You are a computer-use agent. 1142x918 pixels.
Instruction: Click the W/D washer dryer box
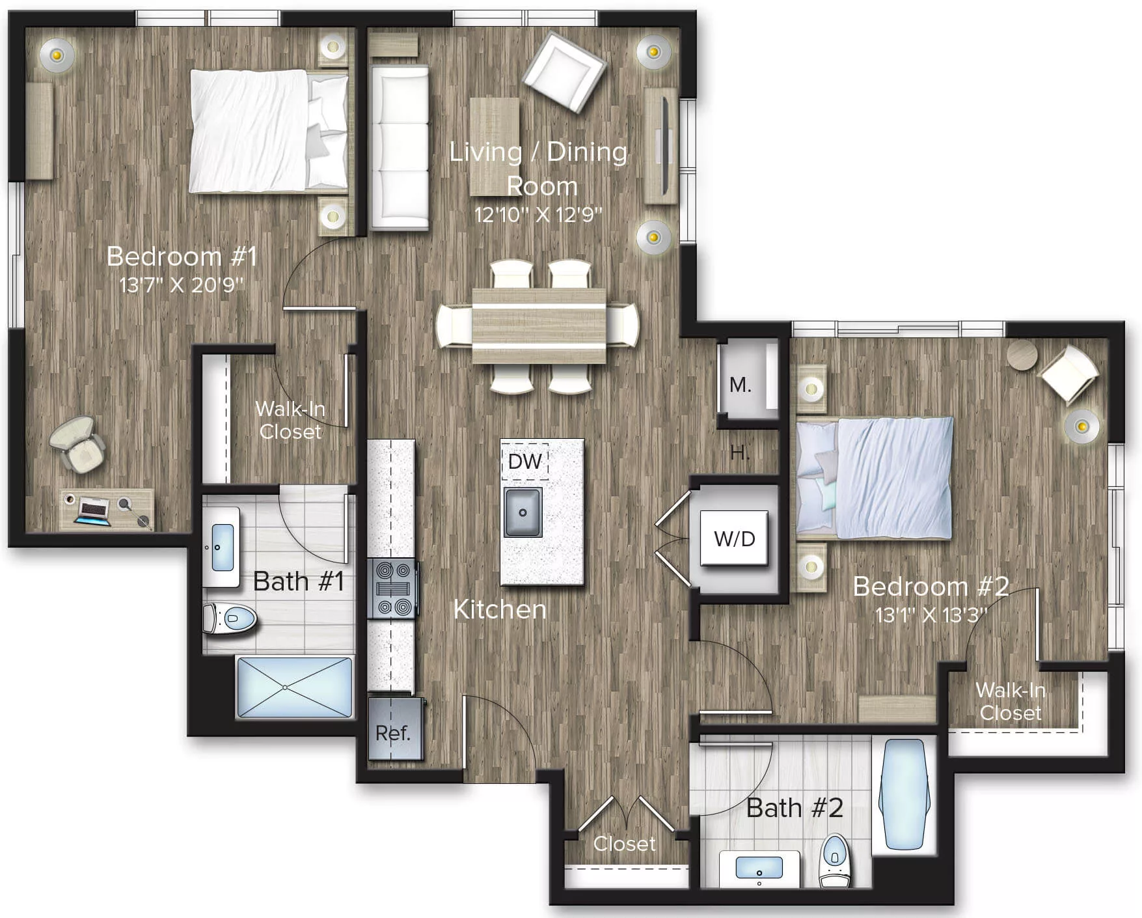(734, 538)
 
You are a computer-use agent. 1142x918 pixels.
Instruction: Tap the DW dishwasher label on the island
(524, 462)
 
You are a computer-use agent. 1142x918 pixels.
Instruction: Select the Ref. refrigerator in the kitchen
(394, 730)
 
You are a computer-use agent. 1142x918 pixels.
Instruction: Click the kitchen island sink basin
(523, 512)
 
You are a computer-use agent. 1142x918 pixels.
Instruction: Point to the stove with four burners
(392, 589)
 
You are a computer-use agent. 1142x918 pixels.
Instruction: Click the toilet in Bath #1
(230, 619)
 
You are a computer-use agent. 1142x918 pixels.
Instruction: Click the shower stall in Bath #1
(295, 688)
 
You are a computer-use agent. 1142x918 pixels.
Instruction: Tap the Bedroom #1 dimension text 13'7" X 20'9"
(182, 285)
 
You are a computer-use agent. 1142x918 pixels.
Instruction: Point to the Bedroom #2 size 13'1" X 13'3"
(931, 615)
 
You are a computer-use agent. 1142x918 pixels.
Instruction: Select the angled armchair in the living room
(564, 72)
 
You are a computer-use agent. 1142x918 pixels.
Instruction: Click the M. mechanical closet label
(740, 385)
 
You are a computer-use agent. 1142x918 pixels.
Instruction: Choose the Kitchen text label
(500, 609)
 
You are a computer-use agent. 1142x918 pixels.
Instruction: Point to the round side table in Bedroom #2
(1021, 355)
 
